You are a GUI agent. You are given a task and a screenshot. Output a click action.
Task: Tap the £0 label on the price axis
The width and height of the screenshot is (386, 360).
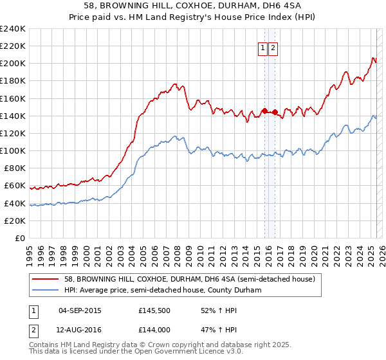[x=19, y=238]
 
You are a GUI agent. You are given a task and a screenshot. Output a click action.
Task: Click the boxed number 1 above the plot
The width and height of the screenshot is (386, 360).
[x=263, y=48]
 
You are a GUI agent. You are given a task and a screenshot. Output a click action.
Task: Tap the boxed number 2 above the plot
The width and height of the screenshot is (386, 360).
[x=273, y=48]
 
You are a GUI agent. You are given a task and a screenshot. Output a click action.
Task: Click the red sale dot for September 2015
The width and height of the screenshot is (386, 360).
[x=264, y=111]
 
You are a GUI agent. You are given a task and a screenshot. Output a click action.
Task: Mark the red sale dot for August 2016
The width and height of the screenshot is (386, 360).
[x=275, y=113]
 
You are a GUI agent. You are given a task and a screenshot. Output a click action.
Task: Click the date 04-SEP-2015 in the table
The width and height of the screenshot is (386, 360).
[x=80, y=310]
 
